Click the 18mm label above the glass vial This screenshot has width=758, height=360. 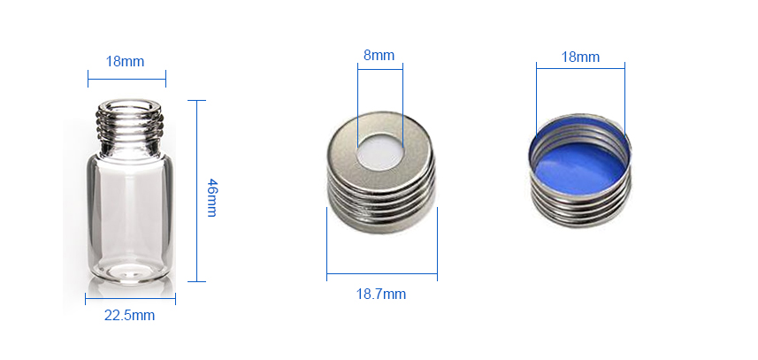click(125, 62)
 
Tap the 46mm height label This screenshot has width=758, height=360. click(211, 197)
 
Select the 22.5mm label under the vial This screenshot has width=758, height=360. click(129, 316)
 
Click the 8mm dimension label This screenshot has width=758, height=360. click(379, 55)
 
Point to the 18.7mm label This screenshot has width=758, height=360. click(381, 294)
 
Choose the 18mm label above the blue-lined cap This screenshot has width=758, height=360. click(580, 57)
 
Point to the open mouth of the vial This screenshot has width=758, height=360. click(128, 106)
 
